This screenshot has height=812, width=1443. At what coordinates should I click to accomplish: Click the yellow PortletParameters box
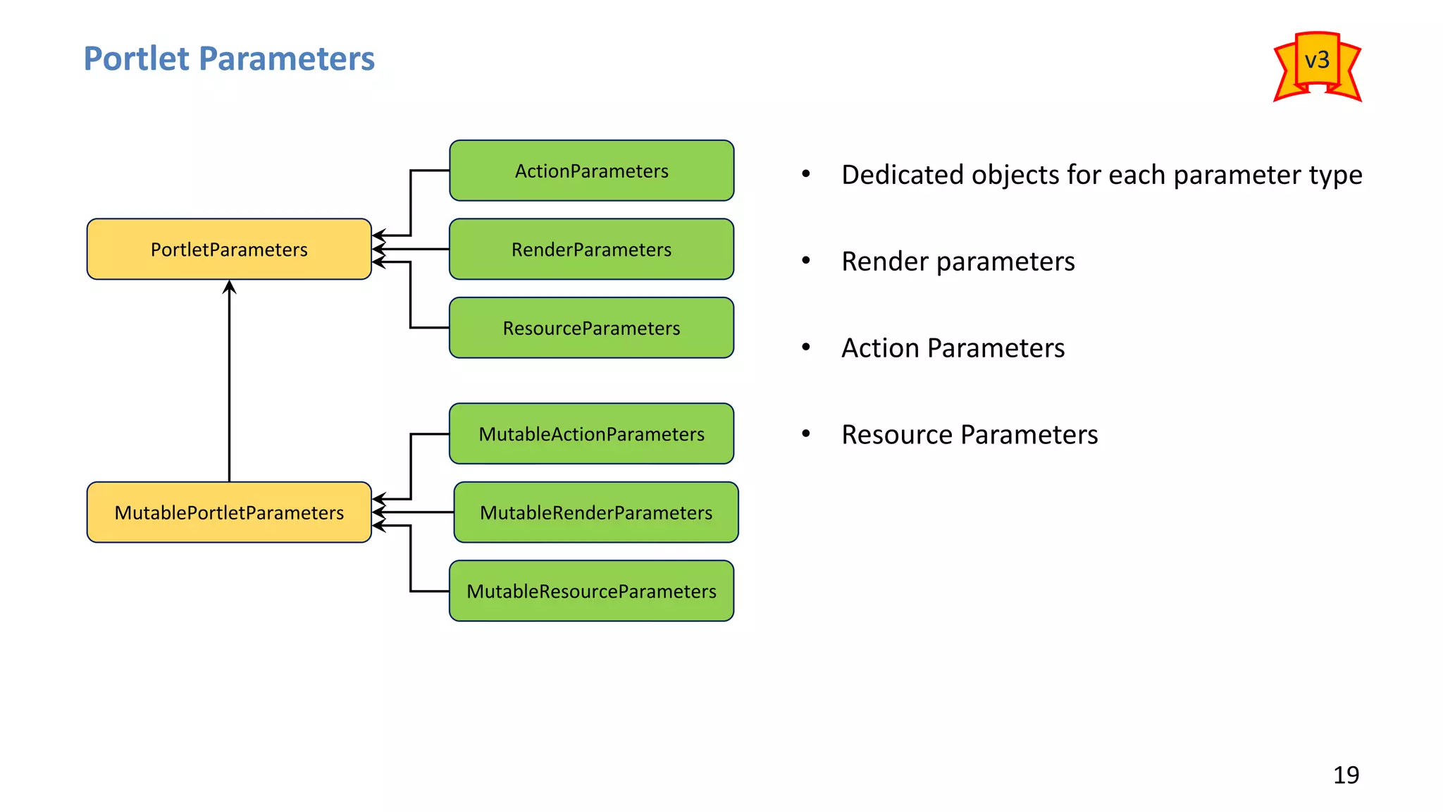[229, 250]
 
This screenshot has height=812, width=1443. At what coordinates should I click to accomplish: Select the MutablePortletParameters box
[229, 512]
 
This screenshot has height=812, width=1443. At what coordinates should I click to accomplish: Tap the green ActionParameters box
[591, 171]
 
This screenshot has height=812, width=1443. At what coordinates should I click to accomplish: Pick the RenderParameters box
[591, 250]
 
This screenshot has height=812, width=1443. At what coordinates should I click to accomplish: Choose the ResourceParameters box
[591, 328]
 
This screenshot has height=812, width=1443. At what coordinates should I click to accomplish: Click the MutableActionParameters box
[591, 433]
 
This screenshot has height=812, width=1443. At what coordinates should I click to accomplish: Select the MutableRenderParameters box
[595, 512]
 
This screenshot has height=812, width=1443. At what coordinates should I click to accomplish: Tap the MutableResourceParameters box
[591, 591]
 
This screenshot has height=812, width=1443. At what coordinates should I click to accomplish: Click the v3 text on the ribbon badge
[1317, 60]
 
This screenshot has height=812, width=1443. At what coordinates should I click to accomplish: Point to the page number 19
[1346, 775]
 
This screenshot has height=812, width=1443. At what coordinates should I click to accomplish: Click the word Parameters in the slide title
[296, 59]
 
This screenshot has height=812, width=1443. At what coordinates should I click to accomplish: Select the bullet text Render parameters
[958, 262]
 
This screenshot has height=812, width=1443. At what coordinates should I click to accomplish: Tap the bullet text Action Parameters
[953, 348]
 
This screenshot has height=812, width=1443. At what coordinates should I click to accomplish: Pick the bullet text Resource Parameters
[970, 435]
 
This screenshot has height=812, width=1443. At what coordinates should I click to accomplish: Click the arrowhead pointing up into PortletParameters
[229, 286]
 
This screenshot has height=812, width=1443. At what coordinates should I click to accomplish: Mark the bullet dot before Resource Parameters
[806, 433]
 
